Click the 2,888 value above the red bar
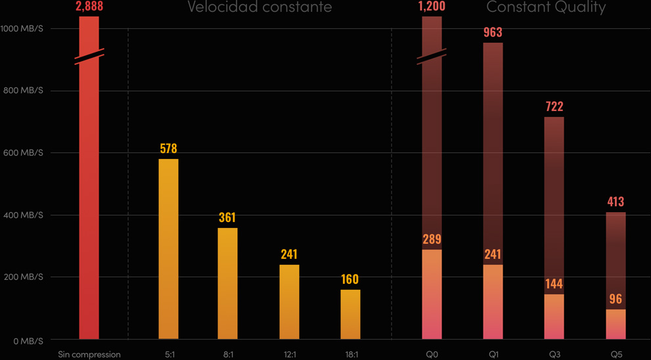(89, 7)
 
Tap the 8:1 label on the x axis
(228, 354)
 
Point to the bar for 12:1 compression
(289, 302)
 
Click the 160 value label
(350, 279)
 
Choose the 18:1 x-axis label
(351, 354)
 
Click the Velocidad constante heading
(259, 7)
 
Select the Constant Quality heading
(546, 7)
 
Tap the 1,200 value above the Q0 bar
(432, 7)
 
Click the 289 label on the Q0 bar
(432, 239)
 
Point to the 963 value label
(493, 32)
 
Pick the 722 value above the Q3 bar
(554, 106)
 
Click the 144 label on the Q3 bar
(554, 284)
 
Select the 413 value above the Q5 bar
(616, 202)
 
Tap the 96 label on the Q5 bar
(616, 299)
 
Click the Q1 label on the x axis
(493, 354)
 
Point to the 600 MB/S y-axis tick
(22, 153)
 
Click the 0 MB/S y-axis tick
(27, 341)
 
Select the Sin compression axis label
(89, 354)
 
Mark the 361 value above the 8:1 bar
(227, 217)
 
